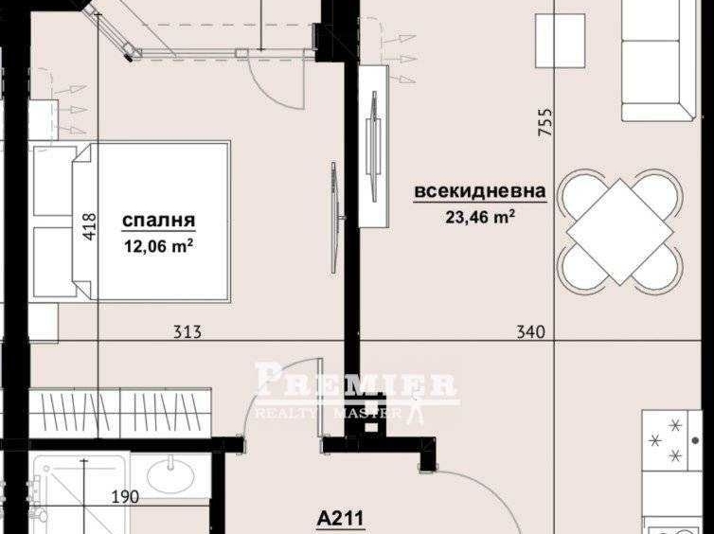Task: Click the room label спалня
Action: point(159,222)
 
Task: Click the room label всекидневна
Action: point(479,191)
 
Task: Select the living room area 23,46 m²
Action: point(479,216)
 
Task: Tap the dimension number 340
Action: point(531,332)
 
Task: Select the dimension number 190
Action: point(125,496)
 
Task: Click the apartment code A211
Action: point(341,519)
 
